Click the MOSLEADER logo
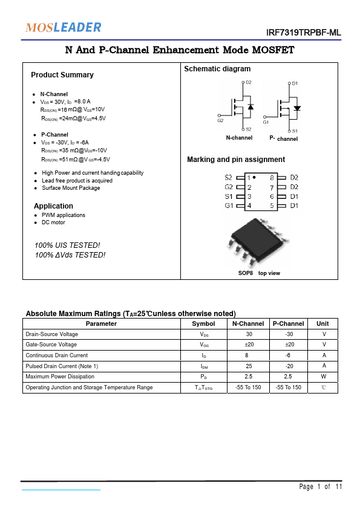point(63,27)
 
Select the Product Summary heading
point(62,75)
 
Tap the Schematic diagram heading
point(217,69)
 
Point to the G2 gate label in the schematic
point(220,121)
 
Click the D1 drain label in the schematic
point(295,83)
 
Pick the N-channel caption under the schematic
point(239,138)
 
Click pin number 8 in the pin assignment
point(272,178)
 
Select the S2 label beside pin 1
point(228,178)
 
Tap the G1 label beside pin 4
point(229,206)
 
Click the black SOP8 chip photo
point(254,242)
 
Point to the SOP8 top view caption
point(258,273)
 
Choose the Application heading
point(53,206)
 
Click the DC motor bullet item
point(53,222)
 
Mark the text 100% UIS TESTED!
point(67,245)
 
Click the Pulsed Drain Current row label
point(62,366)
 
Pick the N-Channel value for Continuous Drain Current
point(249,355)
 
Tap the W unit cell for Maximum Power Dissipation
point(324,376)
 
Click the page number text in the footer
point(321,487)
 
